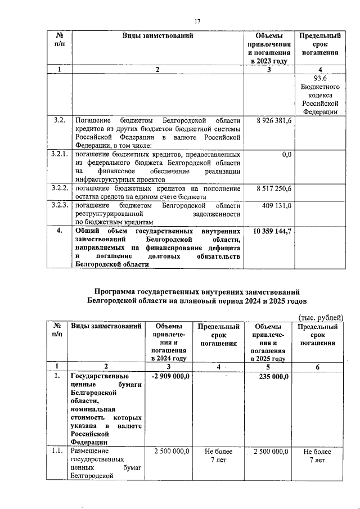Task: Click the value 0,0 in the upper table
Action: point(286,154)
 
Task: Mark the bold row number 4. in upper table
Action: point(59,231)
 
